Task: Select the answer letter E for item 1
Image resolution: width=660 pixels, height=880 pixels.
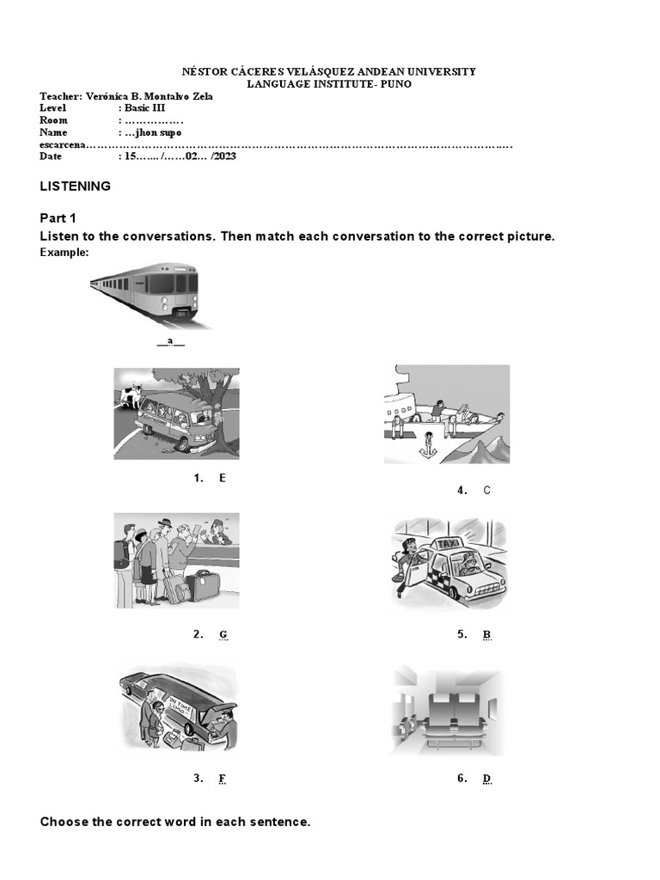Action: [x=222, y=478]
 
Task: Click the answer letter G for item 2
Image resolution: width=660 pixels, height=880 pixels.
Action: [x=223, y=635]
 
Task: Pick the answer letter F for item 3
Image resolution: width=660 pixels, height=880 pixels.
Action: [x=222, y=779]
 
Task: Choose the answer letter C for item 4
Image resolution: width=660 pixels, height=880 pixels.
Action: [x=486, y=491]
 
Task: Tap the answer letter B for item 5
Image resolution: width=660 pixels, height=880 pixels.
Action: [x=486, y=635]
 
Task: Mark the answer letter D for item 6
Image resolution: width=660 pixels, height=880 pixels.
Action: [x=486, y=779]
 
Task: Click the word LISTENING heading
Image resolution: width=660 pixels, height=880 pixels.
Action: [x=76, y=186]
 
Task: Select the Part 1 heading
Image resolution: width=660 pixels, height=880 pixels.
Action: [x=58, y=218]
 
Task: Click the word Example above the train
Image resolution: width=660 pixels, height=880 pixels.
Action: [x=64, y=253]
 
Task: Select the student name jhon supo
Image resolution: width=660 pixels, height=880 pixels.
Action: [x=153, y=133]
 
